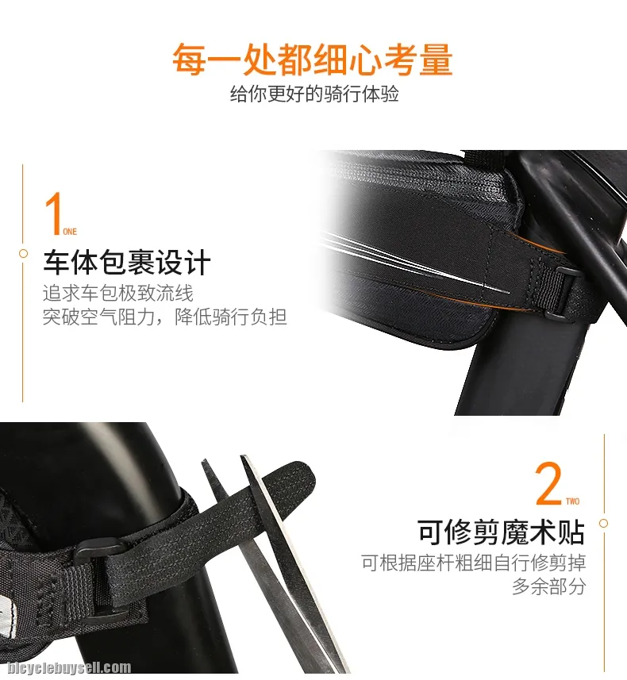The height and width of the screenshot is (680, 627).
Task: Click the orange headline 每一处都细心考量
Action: (313, 60)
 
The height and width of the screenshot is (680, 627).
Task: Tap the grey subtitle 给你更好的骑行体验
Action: (314, 94)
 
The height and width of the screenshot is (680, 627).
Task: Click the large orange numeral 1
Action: (53, 213)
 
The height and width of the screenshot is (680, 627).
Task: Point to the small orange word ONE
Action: (70, 232)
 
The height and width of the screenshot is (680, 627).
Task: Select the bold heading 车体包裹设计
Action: (127, 263)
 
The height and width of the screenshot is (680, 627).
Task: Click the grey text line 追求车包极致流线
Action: (118, 293)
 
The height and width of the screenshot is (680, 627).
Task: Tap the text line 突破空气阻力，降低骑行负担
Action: (165, 317)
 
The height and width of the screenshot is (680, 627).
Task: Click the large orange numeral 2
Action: (548, 483)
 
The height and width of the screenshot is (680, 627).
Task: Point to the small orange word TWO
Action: (573, 501)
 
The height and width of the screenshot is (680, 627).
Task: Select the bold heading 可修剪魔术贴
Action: (501, 532)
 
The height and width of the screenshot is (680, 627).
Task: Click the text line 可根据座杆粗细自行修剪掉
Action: (474, 563)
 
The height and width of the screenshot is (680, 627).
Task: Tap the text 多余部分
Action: (549, 586)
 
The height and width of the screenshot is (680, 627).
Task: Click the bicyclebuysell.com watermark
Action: (68, 668)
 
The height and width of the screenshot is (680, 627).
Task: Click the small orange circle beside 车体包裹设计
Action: (24, 254)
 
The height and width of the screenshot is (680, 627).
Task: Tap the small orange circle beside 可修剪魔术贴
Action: (603, 524)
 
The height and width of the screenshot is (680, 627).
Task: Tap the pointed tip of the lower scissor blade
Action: (202, 461)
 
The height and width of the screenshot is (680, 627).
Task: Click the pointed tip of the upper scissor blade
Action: (243, 456)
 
